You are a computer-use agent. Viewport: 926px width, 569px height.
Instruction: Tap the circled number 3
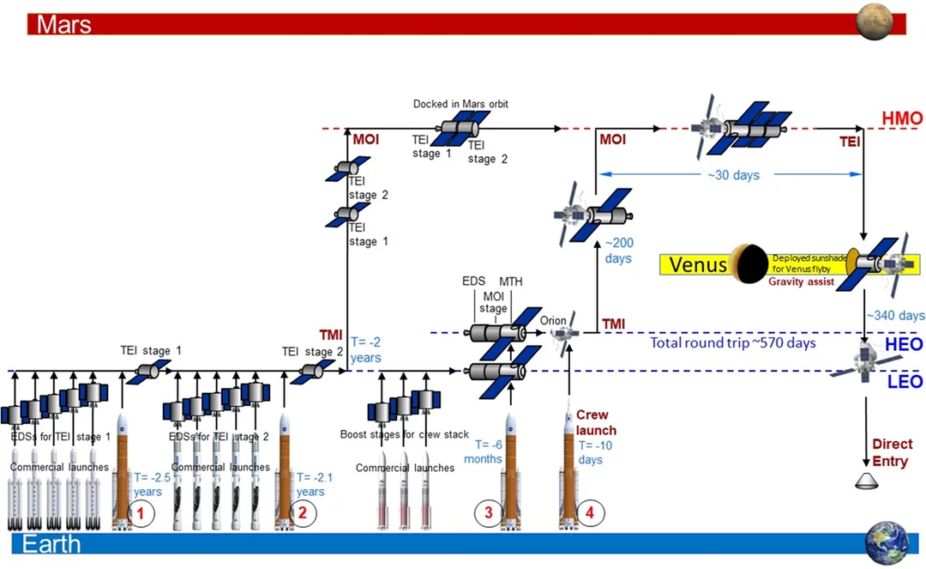click(x=488, y=513)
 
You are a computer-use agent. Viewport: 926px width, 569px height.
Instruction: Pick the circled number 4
click(x=589, y=513)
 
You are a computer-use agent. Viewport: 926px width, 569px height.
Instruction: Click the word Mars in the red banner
click(x=63, y=24)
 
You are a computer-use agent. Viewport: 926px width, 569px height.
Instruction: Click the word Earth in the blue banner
click(x=51, y=544)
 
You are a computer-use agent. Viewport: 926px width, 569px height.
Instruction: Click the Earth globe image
click(x=887, y=542)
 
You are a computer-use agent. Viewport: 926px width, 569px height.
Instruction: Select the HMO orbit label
click(x=899, y=118)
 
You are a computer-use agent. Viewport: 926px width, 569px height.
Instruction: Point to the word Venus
click(x=698, y=263)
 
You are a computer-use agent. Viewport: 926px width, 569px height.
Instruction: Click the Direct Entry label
click(x=893, y=451)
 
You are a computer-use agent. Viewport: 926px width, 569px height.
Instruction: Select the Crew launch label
click(x=596, y=422)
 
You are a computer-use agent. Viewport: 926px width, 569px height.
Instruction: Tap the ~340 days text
click(x=895, y=316)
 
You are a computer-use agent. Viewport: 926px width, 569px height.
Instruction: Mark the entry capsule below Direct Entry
click(x=869, y=481)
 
